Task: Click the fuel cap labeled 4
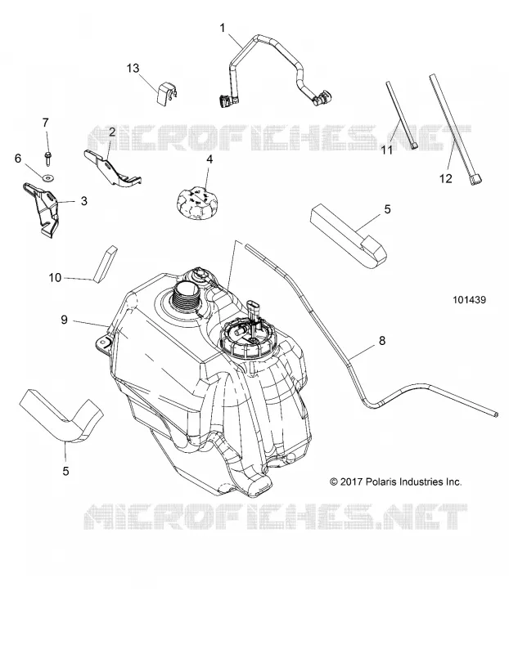tap(196, 203)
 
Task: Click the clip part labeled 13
tap(167, 92)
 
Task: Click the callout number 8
tap(382, 341)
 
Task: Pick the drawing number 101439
tap(470, 299)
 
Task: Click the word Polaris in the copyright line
tap(382, 482)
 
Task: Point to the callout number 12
tap(446, 178)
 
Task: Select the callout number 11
tap(387, 150)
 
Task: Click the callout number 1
tap(223, 28)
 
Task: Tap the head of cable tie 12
tap(476, 180)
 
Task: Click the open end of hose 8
tap(495, 413)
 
